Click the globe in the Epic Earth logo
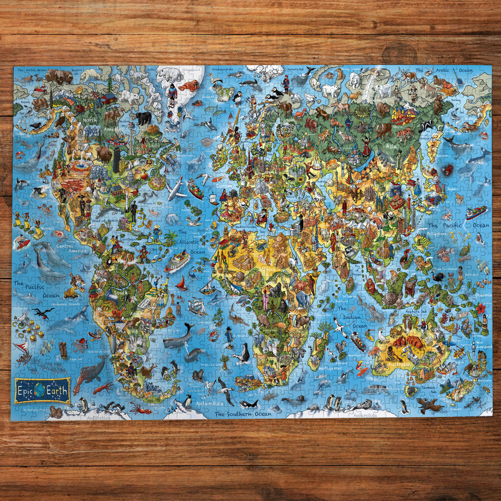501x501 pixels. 39,390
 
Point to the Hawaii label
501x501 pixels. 48,228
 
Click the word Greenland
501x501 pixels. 192,70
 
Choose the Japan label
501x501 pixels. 452,189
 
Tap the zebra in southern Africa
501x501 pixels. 298,353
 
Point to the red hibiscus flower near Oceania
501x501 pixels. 481,309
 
